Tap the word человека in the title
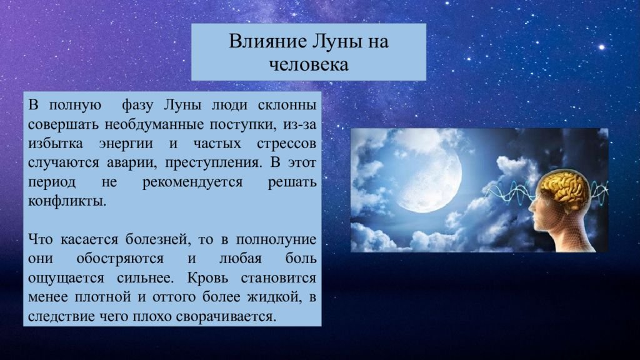pyautogui.click(x=309, y=64)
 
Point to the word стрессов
pyautogui.click(x=286, y=144)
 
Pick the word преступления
pyautogui.click(x=212, y=163)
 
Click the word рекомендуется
pyautogui.click(x=192, y=182)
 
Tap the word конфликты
pyautogui.click(x=67, y=201)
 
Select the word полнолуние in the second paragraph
pyautogui.click(x=276, y=239)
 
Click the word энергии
pyautogui.click(x=126, y=144)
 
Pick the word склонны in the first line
pyautogui.click(x=287, y=105)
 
